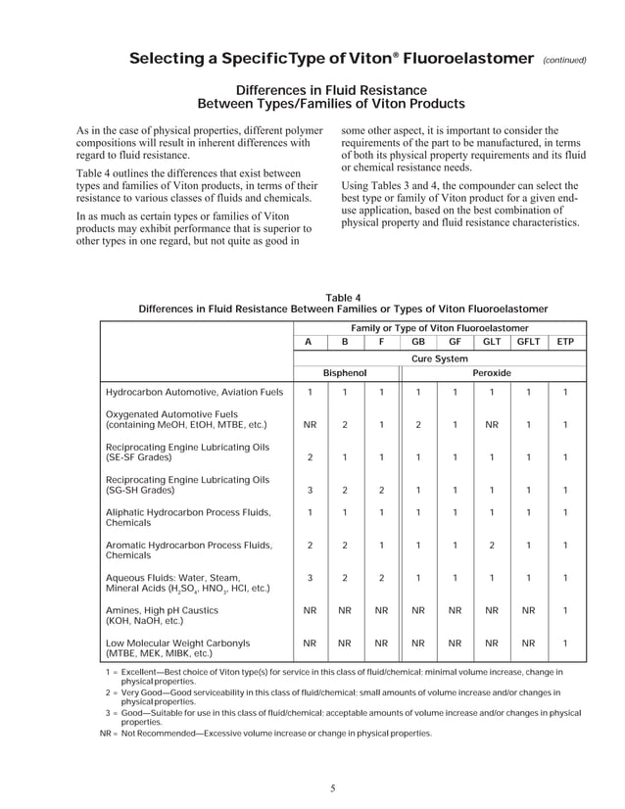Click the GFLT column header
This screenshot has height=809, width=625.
point(529,342)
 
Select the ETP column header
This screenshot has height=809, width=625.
point(565,342)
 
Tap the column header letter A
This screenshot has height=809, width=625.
point(310,342)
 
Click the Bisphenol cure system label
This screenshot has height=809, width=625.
point(345,373)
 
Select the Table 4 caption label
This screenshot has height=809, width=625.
point(343,298)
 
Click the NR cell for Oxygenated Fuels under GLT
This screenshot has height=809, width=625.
point(492,426)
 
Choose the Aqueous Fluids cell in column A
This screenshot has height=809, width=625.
point(310,578)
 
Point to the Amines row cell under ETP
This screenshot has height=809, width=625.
point(565,609)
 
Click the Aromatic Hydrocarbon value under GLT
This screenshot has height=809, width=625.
point(492,546)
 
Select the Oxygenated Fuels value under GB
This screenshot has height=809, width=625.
point(418,426)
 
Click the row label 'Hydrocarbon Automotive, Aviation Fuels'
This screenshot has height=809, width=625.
point(194,393)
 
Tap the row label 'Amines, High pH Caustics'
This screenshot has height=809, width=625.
point(162,609)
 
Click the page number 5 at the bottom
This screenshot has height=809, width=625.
point(333,789)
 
